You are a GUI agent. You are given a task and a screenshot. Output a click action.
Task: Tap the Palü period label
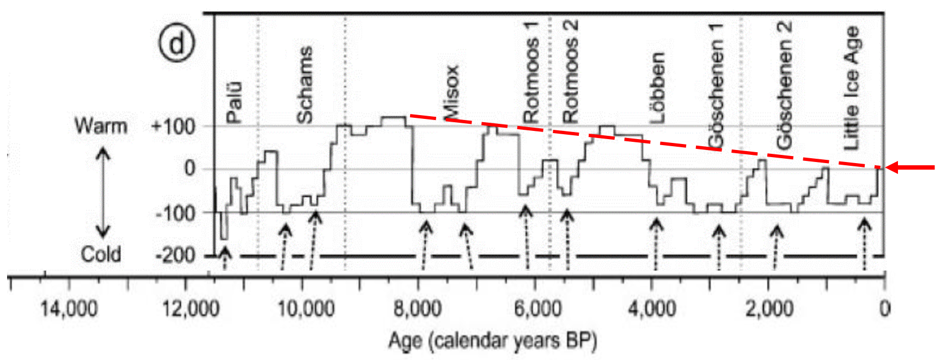pyautogui.click(x=234, y=102)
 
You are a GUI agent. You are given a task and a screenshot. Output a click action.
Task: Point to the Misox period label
pyautogui.click(x=451, y=93)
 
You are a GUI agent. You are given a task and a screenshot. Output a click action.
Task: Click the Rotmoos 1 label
pyautogui.click(x=531, y=72)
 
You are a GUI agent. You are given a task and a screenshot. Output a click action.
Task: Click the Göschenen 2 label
pyautogui.click(x=784, y=85)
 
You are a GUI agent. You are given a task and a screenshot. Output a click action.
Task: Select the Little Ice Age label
pyautogui.click(x=851, y=87)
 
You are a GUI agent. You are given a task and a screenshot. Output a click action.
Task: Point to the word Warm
pyautogui.click(x=101, y=126)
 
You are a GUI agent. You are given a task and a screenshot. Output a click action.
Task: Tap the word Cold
pyautogui.click(x=101, y=254)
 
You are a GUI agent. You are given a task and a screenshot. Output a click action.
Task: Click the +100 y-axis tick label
pyautogui.click(x=173, y=127)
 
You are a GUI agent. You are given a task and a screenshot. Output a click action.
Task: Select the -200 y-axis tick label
pyautogui.click(x=175, y=255)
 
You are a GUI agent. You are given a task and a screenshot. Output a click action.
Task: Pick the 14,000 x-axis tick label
pyautogui.click(x=69, y=310)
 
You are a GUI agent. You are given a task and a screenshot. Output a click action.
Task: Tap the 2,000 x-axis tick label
pyautogui.click(x=768, y=310)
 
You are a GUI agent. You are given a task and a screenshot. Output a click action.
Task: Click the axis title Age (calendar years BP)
pyautogui.click(x=492, y=341)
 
